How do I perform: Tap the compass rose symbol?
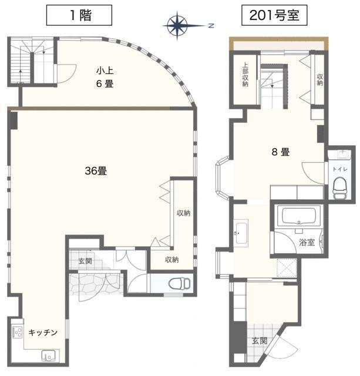[177, 25]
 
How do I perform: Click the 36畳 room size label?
[96, 172]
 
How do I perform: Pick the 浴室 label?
[306, 241]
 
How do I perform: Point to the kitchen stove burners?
[17, 333]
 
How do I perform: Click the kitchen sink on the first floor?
[47, 355]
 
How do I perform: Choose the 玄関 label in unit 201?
[260, 340]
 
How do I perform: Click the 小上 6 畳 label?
[105, 78]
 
